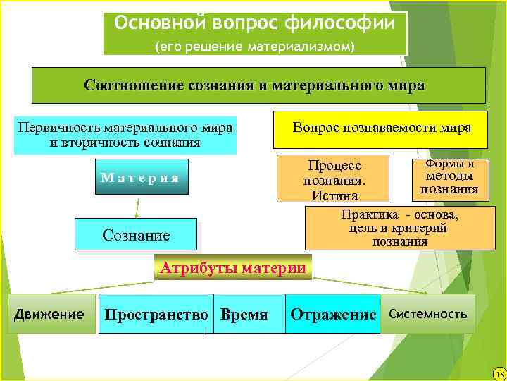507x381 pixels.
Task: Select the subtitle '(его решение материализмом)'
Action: click(x=255, y=47)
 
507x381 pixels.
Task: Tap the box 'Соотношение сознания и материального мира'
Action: click(x=258, y=85)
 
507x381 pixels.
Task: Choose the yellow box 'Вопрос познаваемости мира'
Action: click(x=381, y=129)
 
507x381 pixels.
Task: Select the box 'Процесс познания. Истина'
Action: click(x=334, y=179)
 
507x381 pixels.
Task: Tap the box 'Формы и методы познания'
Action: click(x=449, y=177)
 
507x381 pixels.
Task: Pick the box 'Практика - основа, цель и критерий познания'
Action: click(x=399, y=228)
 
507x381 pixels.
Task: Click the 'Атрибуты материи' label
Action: click(x=232, y=268)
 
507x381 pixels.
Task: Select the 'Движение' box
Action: click(x=49, y=314)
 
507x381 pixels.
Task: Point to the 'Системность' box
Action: click(x=427, y=314)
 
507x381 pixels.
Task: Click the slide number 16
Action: click(x=499, y=373)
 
